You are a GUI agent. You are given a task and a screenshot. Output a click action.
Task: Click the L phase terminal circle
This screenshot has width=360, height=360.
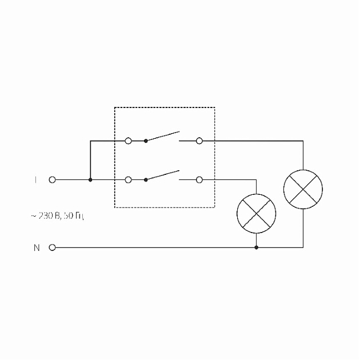(x=53, y=179)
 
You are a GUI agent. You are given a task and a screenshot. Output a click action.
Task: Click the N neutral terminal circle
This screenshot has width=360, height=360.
(x=53, y=247)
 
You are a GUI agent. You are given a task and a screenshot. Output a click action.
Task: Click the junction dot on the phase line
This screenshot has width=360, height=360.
(x=90, y=179)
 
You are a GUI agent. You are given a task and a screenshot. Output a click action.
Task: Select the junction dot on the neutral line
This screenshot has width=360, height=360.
(x=256, y=247)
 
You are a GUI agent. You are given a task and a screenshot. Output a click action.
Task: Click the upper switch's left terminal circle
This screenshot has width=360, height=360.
(x=128, y=140)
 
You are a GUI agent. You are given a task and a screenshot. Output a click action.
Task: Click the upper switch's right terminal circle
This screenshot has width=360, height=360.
(x=199, y=140)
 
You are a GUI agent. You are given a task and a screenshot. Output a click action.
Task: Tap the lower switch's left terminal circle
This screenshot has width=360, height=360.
(x=128, y=179)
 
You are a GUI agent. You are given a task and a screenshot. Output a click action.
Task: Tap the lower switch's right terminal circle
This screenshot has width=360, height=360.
(x=199, y=179)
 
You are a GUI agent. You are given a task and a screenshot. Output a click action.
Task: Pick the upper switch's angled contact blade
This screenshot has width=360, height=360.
(x=163, y=136)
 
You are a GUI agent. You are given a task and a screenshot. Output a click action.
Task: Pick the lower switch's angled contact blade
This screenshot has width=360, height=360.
(x=163, y=175)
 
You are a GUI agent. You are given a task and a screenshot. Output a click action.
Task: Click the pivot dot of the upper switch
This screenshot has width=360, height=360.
(x=146, y=140)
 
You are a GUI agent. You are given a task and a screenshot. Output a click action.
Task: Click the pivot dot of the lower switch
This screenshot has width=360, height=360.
(x=146, y=179)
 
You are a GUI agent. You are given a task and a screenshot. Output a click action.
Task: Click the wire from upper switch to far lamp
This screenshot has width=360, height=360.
(x=257, y=140)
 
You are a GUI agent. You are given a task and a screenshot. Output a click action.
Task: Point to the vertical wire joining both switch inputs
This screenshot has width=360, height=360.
(x=90, y=160)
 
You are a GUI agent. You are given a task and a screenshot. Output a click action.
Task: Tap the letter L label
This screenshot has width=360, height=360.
(x=35, y=179)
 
